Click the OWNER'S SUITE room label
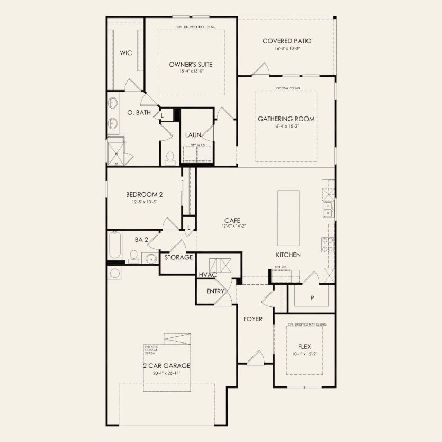click(x=191, y=64)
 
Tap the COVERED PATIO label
click(x=287, y=41)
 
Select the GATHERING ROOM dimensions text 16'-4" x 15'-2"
click(x=286, y=126)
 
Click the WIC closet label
click(x=125, y=52)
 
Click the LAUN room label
click(x=192, y=134)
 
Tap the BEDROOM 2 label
click(x=140, y=194)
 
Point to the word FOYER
click(x=253, y=319)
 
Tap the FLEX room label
click(x=304, y=347)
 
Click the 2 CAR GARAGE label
click(x=166, y=366)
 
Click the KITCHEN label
click(x=288, y=255)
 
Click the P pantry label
click(x=312, y=298)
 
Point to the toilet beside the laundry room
click(x=170, y=157)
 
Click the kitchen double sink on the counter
click(x=328, y=209)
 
